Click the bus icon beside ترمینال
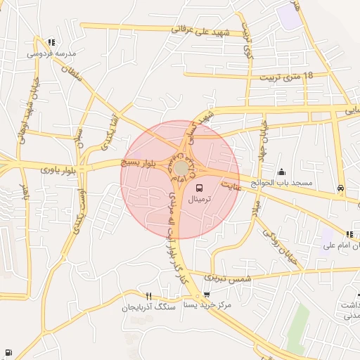[200, 188]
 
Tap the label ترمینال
[202, 200]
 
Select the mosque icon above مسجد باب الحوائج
[282, 172]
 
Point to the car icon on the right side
[341, 188]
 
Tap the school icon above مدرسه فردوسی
[51, 42]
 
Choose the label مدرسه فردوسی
[51, 53]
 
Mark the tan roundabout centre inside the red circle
[181, 169]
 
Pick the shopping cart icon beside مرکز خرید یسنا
[207, 295]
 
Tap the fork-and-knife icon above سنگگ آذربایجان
[148, 296]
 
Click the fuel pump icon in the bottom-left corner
[8, 352]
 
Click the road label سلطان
[73, 73]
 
